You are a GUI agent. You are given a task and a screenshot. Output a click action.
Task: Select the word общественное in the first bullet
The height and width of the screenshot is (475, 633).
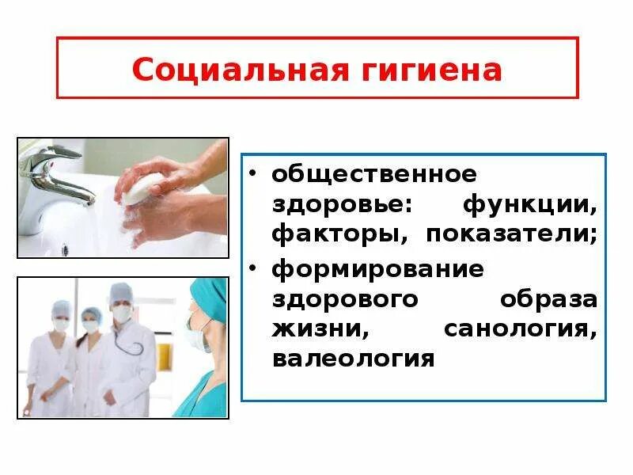coord(374,172)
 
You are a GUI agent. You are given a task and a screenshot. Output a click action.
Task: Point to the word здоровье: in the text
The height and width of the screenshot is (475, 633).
coord(342,203)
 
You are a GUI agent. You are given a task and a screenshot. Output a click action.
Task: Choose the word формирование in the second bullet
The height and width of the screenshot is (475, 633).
coord(377,268)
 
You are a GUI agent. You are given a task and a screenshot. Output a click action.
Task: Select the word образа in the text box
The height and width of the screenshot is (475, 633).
coord(548,299)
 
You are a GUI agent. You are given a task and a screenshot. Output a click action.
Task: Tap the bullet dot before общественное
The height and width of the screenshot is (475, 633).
coord(254,173)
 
